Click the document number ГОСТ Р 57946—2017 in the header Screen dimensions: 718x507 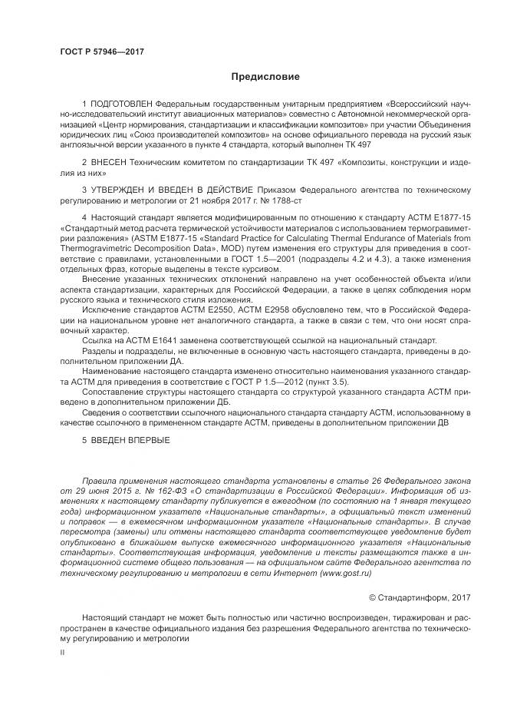click(x=101, y=51)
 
